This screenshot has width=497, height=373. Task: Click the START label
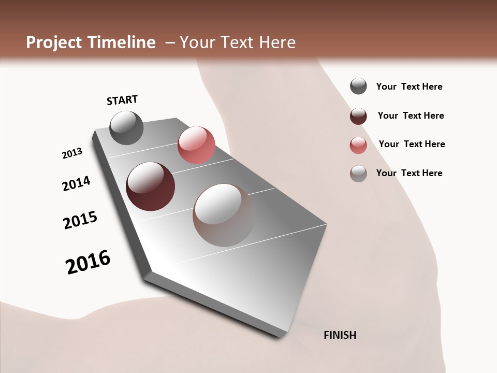coord(122,100)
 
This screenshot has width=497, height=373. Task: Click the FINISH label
coord(340,335)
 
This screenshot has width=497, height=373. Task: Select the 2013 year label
coord(72,153)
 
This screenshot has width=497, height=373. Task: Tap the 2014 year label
coord(76,183)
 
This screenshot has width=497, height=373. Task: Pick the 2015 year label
coord(80,220)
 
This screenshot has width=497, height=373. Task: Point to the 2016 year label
coord(88,262)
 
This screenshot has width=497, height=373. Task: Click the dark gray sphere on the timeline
coord(126,127)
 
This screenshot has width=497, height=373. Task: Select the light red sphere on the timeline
coord(196,145)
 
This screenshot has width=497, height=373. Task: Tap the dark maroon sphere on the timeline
coord(150,187)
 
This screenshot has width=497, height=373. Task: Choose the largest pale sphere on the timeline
coord(224,215)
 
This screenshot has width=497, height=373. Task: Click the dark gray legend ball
coord(358,87)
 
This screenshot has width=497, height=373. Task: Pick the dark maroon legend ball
coord(358,116)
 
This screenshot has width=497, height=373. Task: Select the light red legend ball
coord(358,145)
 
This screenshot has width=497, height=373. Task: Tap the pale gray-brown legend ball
coord(358,174)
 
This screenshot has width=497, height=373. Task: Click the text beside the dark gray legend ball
coord(409,87)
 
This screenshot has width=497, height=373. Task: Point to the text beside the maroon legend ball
coord(411,116)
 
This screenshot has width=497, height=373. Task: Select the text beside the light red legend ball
coord(412,144)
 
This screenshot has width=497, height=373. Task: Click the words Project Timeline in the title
coord(91,42)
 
